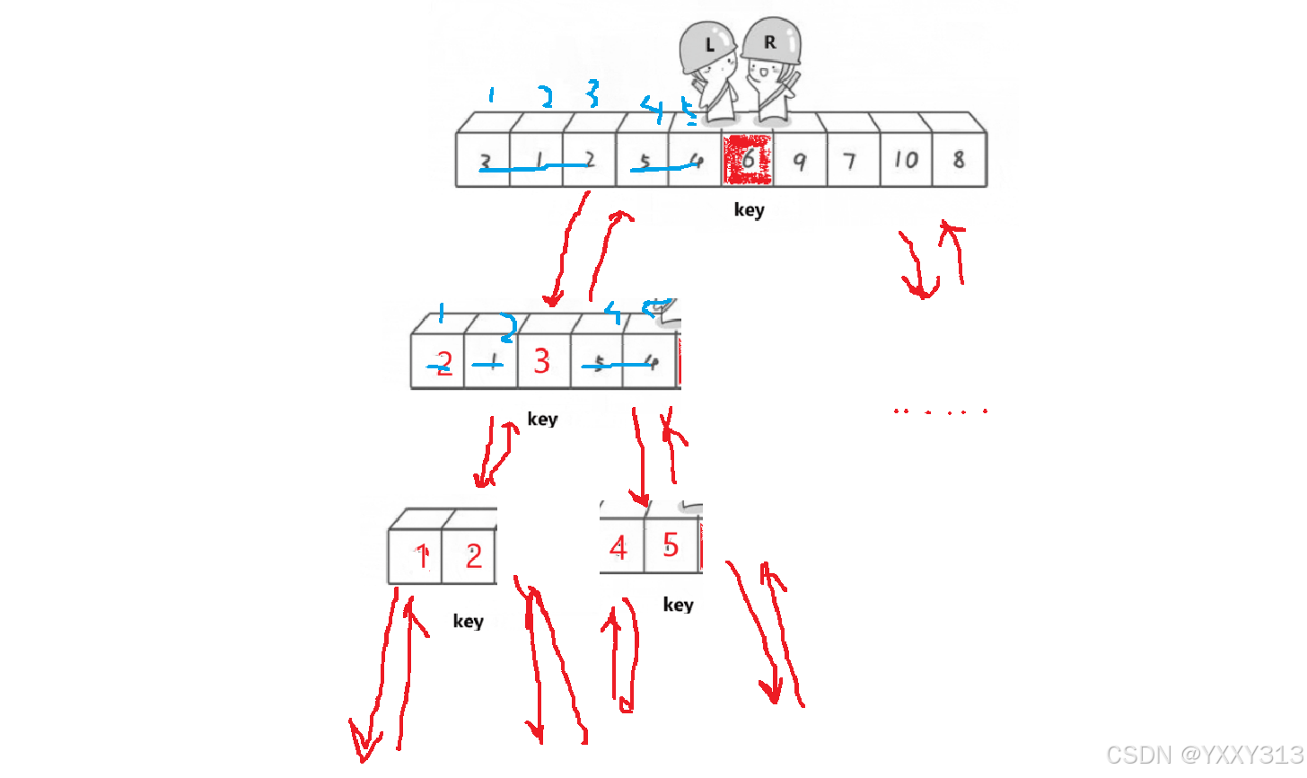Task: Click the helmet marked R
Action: (x=771, y=41)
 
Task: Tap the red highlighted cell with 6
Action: (x=748, y=160)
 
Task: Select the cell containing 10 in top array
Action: (x=906, y=160)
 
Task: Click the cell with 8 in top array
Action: (x=959, y=160)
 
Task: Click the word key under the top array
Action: (x=749, y=210)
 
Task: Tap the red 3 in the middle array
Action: (x=541, y=361)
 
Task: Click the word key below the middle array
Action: (x=542, y=419)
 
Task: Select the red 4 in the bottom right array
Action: (x=618, y=547)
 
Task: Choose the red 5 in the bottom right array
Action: (x=671, y=544)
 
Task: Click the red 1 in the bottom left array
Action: (x=421, y=556)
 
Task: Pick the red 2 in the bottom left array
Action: (x=473, y=556)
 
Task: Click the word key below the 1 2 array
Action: (x=468, y=621)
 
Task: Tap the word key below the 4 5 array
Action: (x=678, y=605)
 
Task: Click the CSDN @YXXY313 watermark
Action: (x=1204, y=755)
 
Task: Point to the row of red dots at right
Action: (x=940, y=411)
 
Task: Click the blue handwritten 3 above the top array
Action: (x=592, y=93)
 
